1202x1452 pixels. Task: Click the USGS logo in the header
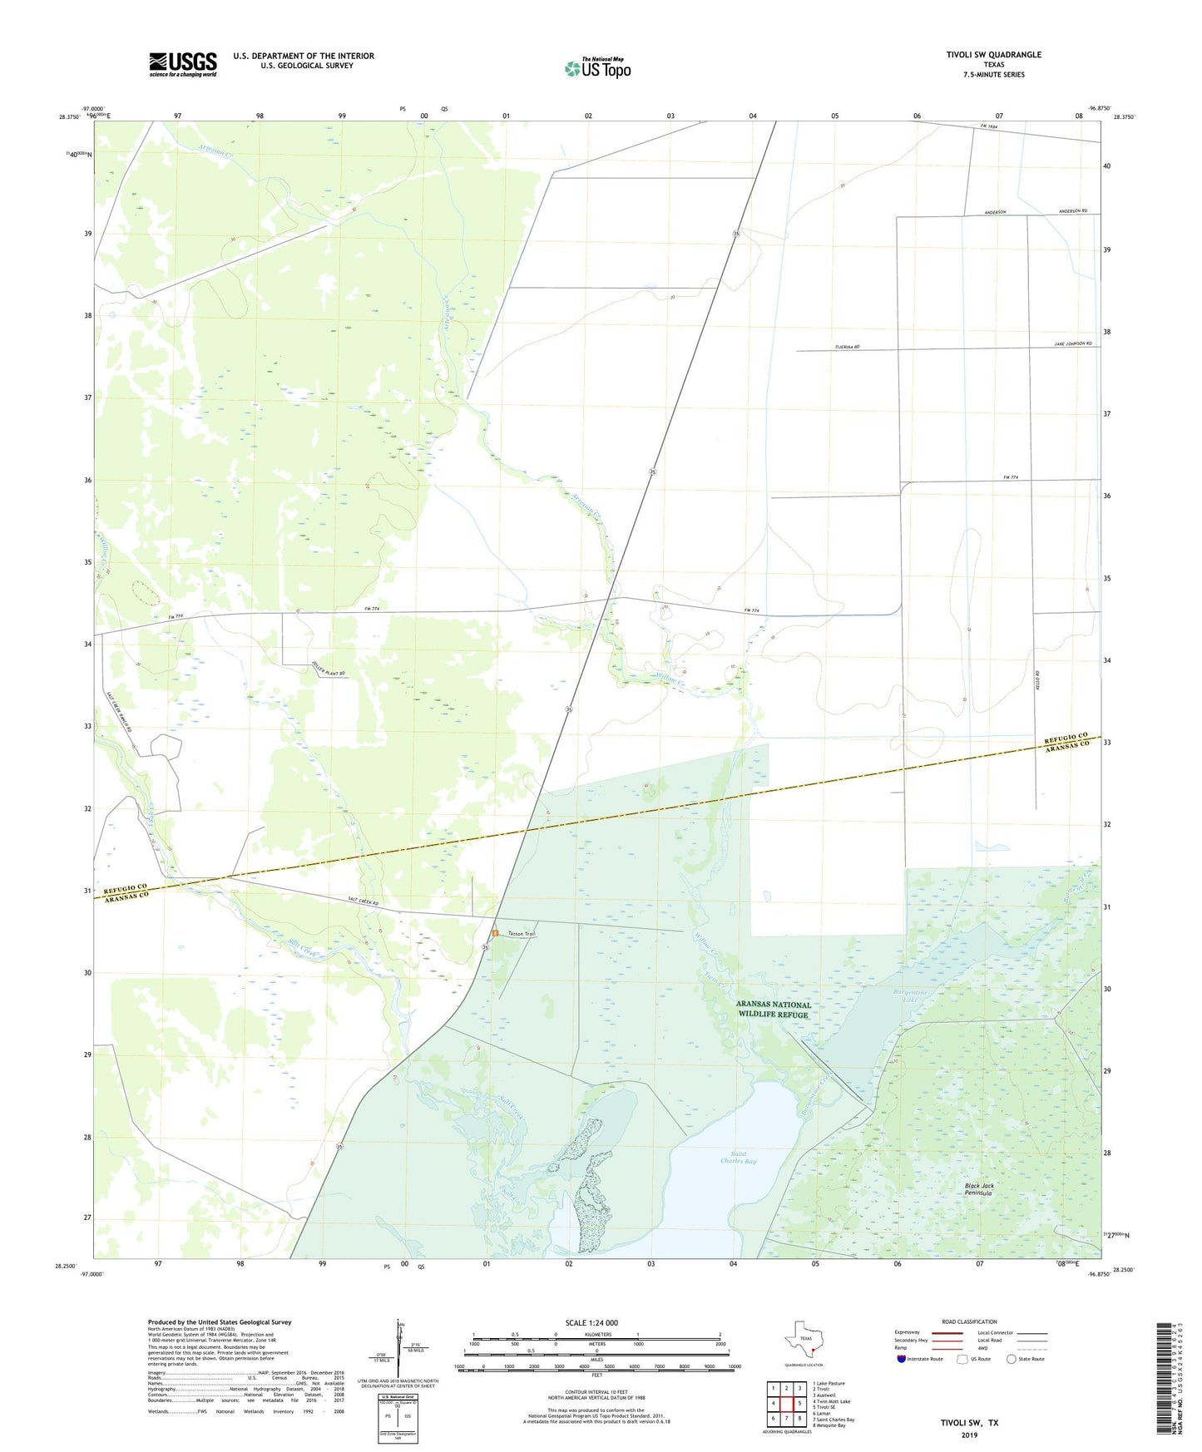tap(183, 64)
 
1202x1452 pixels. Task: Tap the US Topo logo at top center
tap(597, 68)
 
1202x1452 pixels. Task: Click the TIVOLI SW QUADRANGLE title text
tap(993, 55)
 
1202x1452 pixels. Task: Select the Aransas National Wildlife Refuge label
tap(773, 1010)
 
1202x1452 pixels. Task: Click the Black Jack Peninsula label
tap(979, 1189)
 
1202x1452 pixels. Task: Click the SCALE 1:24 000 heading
tap(591, 1323)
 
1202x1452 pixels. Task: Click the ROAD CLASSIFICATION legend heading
tap(969, 1321)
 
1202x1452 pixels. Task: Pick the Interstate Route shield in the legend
tap(902, 1359)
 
